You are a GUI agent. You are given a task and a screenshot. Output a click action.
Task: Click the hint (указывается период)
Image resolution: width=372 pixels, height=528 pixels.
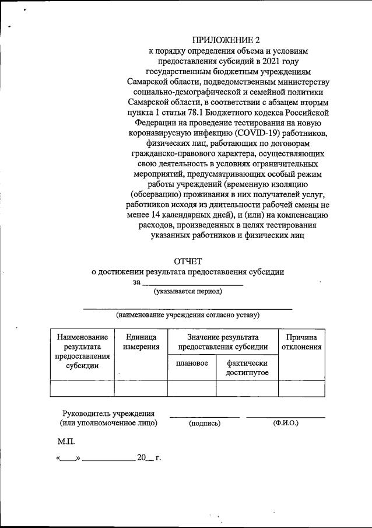188,291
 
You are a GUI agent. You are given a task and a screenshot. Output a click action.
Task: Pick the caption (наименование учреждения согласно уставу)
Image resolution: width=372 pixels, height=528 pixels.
187,315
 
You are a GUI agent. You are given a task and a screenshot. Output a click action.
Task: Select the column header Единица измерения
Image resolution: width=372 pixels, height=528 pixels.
141,342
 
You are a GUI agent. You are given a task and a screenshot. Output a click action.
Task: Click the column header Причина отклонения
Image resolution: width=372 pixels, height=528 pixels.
301,342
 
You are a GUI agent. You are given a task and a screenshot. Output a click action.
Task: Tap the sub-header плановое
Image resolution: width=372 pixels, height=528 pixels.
192,363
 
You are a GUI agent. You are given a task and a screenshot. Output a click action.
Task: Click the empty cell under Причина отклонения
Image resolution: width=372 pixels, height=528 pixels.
301,388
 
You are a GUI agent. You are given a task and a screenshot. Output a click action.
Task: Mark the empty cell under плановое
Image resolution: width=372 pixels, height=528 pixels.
192,388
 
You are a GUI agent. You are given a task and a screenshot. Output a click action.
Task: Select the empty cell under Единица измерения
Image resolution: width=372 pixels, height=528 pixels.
141,388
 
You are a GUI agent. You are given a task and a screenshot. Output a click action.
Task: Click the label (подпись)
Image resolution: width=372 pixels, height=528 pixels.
204,423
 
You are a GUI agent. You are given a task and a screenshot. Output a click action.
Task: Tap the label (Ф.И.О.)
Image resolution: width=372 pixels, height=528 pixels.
285,423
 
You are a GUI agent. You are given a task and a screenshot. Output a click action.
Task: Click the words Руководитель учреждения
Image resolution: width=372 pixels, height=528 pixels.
108,413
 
